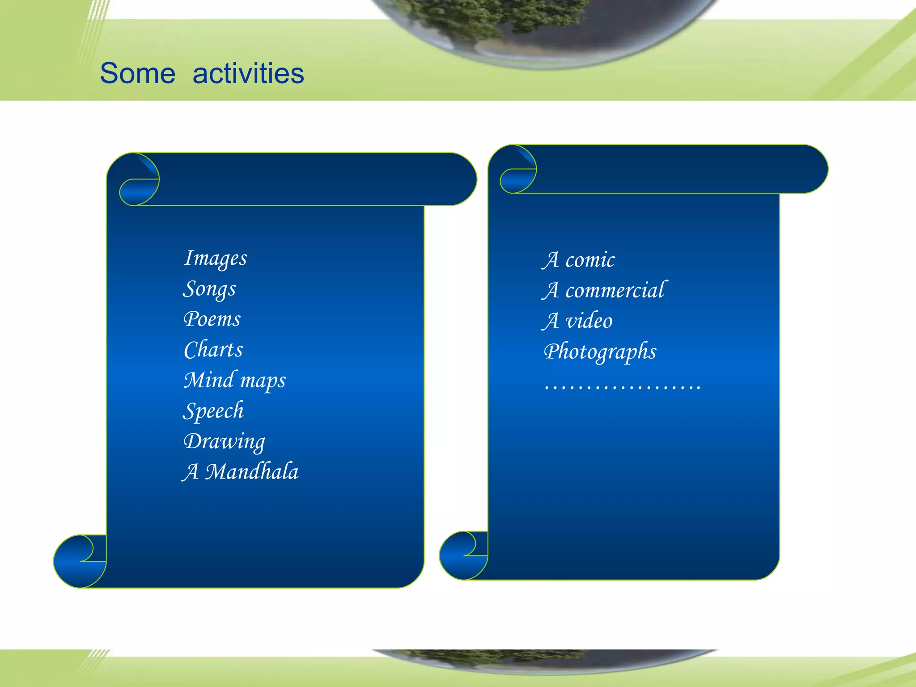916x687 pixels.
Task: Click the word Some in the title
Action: click(137, 73)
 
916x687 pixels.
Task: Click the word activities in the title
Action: click(248, 73)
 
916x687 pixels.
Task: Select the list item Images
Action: click(216, 259)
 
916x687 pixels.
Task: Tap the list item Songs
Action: click(209, 289)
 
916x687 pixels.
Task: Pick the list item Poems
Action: click(212, 319)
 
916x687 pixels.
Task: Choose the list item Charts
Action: click(213, 350)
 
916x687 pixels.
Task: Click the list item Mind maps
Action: click(235, 381)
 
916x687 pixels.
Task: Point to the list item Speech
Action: click(213, 411)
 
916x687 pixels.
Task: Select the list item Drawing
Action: click(224, 442)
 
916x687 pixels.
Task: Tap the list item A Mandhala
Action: click(241, 472)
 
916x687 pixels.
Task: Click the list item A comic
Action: click(578, 260)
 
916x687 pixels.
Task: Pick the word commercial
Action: click(616, 290)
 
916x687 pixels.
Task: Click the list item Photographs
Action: click(600, 352)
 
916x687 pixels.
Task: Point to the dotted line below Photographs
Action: click(622, 387)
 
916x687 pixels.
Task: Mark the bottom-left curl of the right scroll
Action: click(463, 556)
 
